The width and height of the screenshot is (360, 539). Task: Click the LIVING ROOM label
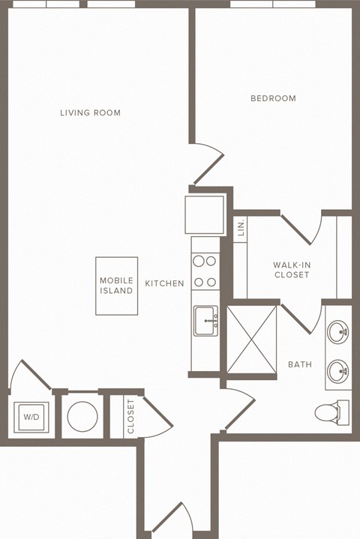point(90,113)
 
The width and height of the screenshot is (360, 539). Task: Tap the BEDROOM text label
point(273,98)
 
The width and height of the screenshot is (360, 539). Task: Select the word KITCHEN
point(164,283)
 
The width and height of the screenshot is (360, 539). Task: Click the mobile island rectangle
point(116,286)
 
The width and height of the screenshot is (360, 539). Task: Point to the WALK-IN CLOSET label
point(291,270)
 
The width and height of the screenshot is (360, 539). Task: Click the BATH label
point(300,365)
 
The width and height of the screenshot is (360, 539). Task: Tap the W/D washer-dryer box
point(31,417)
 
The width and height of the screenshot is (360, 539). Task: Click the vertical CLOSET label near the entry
point(130,416)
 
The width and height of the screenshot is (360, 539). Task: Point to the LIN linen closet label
point(241,229)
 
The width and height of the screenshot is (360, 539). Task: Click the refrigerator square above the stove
point(205,214)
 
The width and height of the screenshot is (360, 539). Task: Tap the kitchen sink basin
point(205,321)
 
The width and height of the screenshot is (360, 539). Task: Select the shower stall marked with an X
point(251,339)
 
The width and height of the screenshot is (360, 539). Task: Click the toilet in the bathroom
point(328,412)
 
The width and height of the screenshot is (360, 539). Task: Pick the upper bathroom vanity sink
point(337,331)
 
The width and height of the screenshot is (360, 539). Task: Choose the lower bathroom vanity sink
point(337,369)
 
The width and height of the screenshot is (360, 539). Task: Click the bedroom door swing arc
point(210,165)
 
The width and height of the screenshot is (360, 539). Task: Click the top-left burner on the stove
point(199,262)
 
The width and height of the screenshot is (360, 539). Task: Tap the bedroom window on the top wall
point(272,4)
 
